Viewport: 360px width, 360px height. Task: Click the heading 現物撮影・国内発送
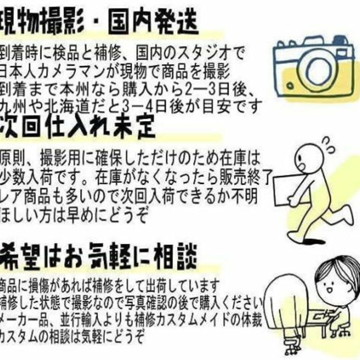tap(100, 22)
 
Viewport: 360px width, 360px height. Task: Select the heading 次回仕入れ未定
tap(78, 128)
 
